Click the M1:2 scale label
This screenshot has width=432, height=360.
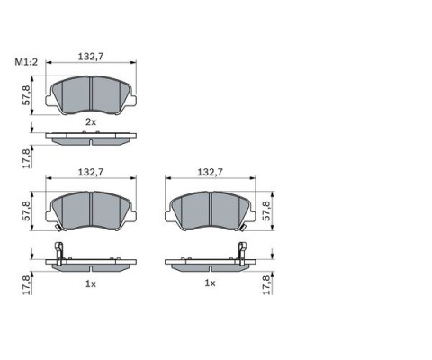point(27,62)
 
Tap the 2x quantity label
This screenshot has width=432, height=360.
point(91,122)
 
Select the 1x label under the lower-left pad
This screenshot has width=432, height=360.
point(91,283)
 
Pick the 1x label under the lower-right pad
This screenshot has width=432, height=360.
point(210,283)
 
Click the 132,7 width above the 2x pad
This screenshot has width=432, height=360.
point(91,57)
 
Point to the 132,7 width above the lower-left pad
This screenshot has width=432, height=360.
point(91,172)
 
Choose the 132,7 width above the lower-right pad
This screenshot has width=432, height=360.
point(210,172)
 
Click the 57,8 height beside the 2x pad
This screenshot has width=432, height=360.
point(26,95)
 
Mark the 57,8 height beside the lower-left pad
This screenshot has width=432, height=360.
point(26,211)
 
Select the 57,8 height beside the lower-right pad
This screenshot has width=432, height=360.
point(266,211)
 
